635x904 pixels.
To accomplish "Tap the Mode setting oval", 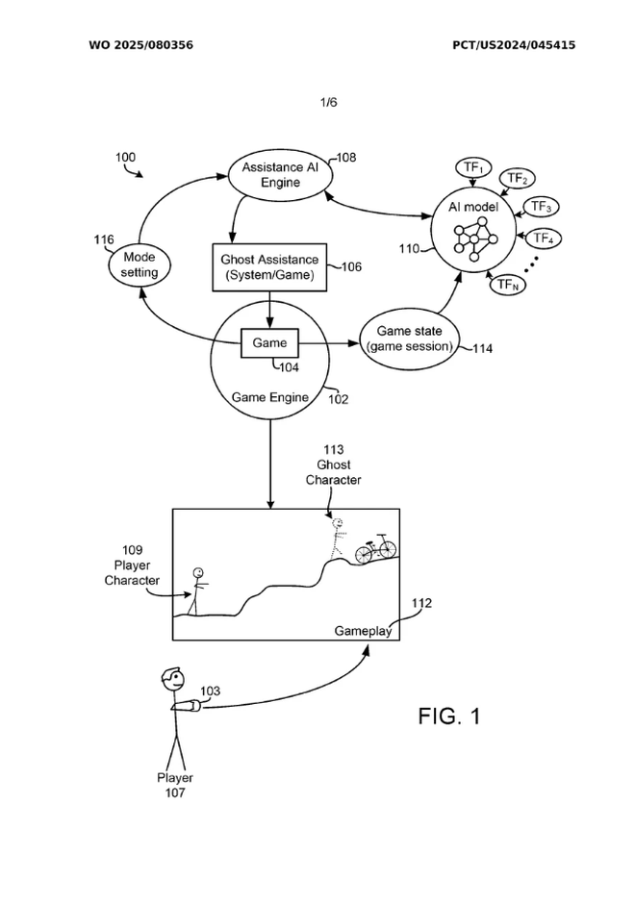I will (140, 264).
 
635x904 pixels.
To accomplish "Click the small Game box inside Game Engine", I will (269, 342).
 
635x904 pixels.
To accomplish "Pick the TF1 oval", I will (472, 168).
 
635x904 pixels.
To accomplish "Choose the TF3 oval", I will (541, 207).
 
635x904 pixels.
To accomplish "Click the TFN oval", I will (507, 284).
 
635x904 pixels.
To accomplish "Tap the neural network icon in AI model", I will (473, 240).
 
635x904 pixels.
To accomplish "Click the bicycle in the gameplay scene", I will (376, 549).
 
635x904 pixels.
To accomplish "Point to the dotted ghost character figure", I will (338, 539).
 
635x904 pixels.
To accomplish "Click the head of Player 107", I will (172, 680).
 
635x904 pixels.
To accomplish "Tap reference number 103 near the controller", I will (210, 691).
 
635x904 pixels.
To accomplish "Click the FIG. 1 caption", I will (448, 716).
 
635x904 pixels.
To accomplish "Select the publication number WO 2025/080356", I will (140, 45).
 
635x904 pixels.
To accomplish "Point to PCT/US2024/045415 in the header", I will (514, 45).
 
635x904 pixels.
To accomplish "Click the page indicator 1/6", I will (329, 101).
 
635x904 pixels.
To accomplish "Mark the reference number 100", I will (126, 157).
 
